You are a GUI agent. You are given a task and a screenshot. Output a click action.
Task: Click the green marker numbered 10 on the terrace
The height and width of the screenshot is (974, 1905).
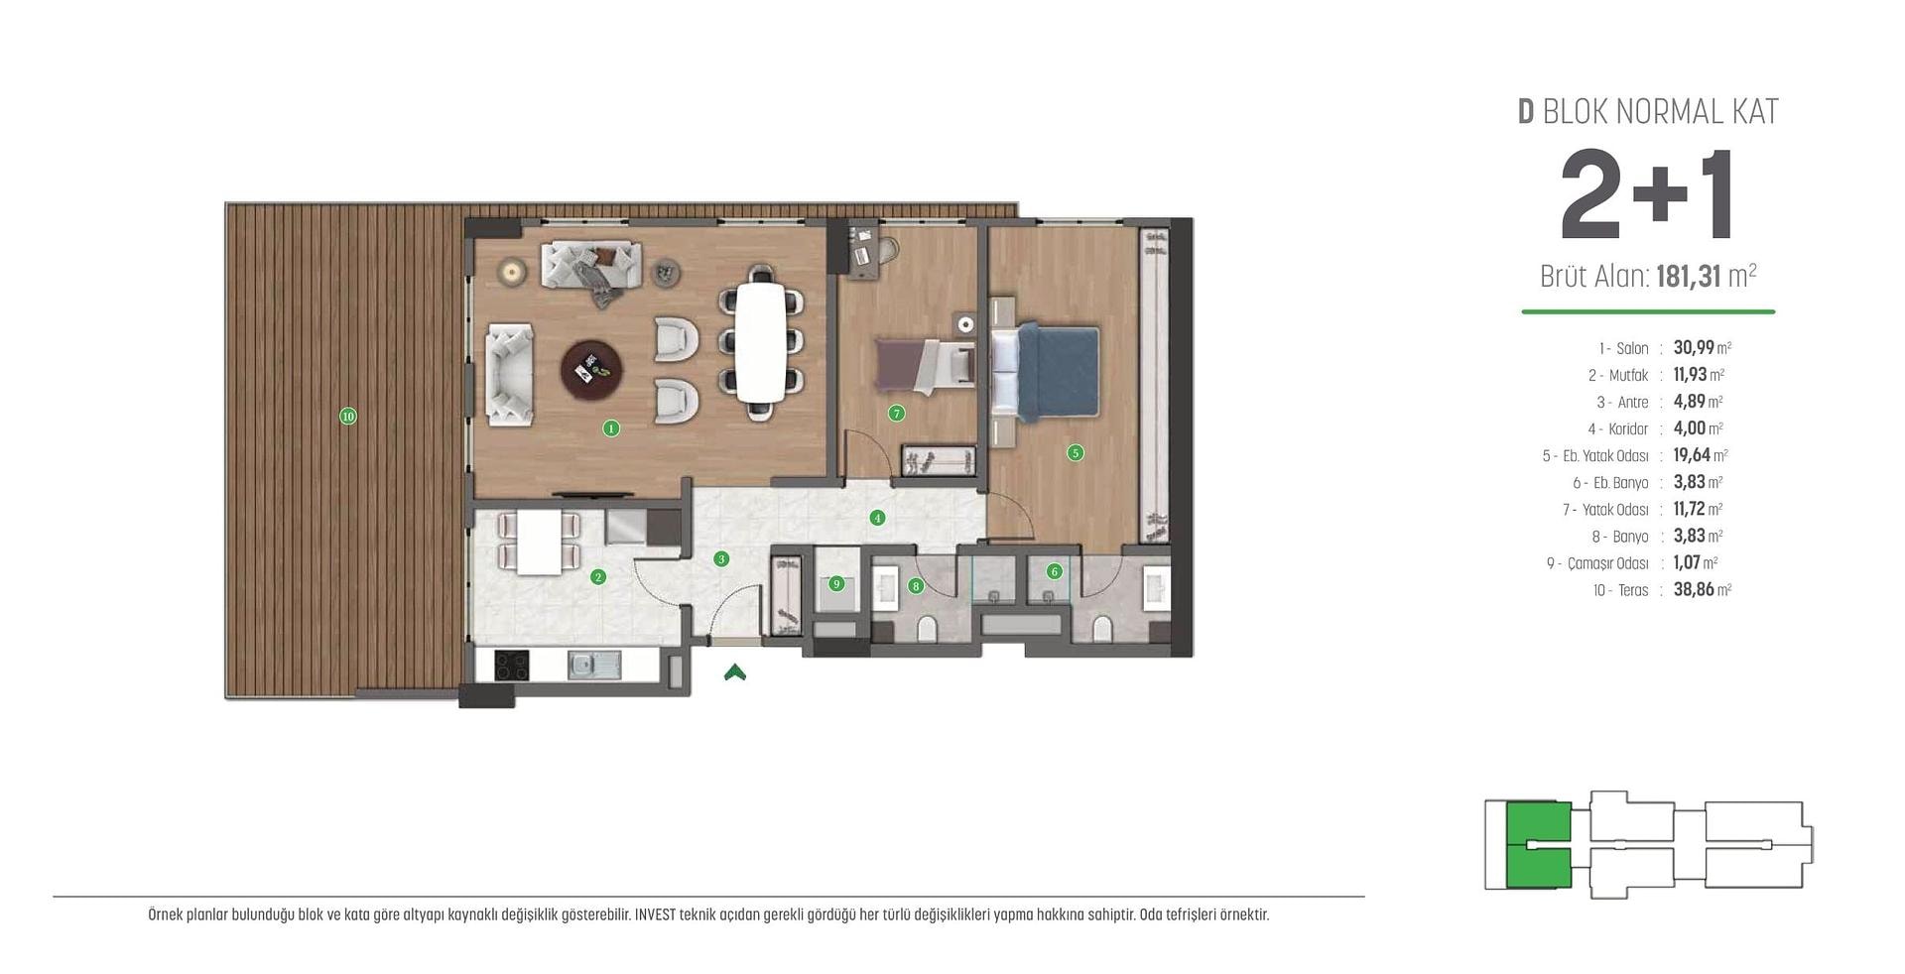(x=348, y=417)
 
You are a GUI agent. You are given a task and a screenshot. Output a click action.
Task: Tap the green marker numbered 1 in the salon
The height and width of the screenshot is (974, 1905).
(x=611, y=428)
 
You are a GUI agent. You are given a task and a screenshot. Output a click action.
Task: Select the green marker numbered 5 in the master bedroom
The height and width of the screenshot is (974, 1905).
(x=1076, y=453)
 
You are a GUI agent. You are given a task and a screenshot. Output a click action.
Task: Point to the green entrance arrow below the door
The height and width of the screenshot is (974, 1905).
(x=735, y=672)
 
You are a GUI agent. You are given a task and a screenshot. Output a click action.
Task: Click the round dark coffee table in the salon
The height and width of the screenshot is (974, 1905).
(x=593, y=372)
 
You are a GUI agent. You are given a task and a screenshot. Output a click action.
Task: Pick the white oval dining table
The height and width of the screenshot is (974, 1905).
(x=761, y=342)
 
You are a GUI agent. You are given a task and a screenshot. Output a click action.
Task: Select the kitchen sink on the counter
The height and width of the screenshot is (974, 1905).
(x=594, y=665)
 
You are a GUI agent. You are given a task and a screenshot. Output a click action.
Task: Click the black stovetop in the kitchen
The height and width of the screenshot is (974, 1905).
(x=512, y=665)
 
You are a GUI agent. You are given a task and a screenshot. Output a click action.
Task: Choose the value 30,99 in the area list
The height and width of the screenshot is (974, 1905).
(x=1694, y=348)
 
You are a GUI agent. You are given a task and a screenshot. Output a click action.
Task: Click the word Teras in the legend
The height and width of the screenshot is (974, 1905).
(x=1633, y=590)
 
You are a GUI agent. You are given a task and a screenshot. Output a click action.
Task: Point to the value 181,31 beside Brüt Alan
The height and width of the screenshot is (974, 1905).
(x=1689, y=276)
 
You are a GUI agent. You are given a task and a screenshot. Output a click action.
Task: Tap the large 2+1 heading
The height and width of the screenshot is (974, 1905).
(x=1647, y=195)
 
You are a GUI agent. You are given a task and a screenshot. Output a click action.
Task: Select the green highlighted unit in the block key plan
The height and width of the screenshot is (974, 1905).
(x=1538, y=844)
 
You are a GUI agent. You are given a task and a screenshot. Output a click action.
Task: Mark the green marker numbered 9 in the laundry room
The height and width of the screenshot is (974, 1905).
(x=836, y=584)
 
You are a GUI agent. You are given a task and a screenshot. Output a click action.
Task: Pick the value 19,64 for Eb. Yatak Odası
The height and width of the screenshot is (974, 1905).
(x=1692, y=455)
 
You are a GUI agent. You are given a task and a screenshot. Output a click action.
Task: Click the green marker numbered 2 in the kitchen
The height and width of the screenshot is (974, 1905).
(x=598, y=577)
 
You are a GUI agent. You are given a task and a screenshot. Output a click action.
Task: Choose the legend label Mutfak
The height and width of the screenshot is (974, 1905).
(x=1628, y=376)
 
